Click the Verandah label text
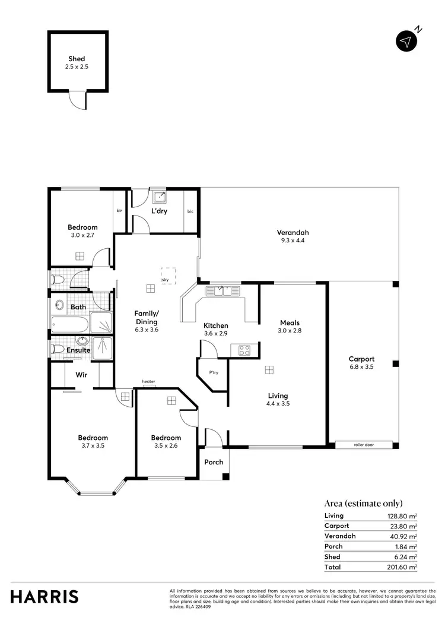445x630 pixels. tap(293, 233)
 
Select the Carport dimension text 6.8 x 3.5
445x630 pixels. tap(361, 367)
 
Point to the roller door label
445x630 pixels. tap(363, 444)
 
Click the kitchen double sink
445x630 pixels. tap(222, 290)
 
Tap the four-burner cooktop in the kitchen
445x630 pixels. tap(245, 350)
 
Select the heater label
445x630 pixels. tap(148, 382)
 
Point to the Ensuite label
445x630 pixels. tap(78, 350)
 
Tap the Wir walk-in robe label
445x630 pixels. tap(81, 375)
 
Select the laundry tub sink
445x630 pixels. tap(158, 197)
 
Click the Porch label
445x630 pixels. tap(214, 462)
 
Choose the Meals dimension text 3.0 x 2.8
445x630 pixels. tap(291, 331)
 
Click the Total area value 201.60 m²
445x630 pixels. tap(401, 567)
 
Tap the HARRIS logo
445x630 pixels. tap(44, 596)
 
